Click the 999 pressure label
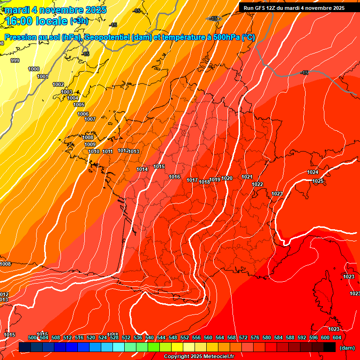15,60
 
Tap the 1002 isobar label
58,84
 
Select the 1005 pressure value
79,105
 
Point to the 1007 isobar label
90,119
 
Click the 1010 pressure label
94,151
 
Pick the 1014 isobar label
142,169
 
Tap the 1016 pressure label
174,177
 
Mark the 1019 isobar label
215,180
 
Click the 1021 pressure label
247,177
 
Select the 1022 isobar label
257,184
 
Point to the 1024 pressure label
313,172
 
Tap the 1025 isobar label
318,181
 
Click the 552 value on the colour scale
185,337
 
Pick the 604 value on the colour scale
337,337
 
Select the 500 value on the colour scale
32,337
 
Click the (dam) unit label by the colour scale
347,348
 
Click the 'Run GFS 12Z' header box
294,8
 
